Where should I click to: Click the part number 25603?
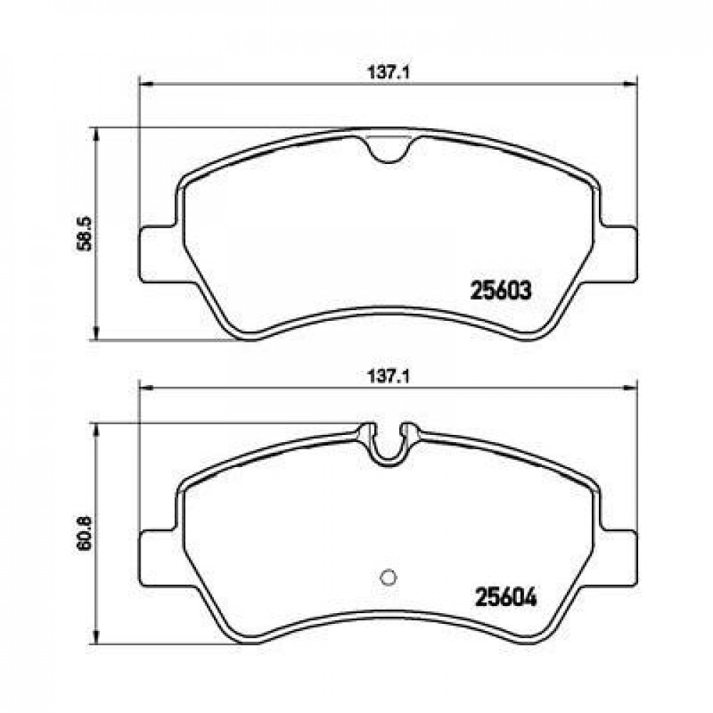point(501,290)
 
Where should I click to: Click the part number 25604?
point(506,597)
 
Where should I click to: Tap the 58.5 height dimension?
point(85,233)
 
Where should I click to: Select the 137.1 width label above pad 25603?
point(389,73)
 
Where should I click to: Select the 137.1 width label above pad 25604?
point(389,376)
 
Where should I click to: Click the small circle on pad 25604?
point(388,577)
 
